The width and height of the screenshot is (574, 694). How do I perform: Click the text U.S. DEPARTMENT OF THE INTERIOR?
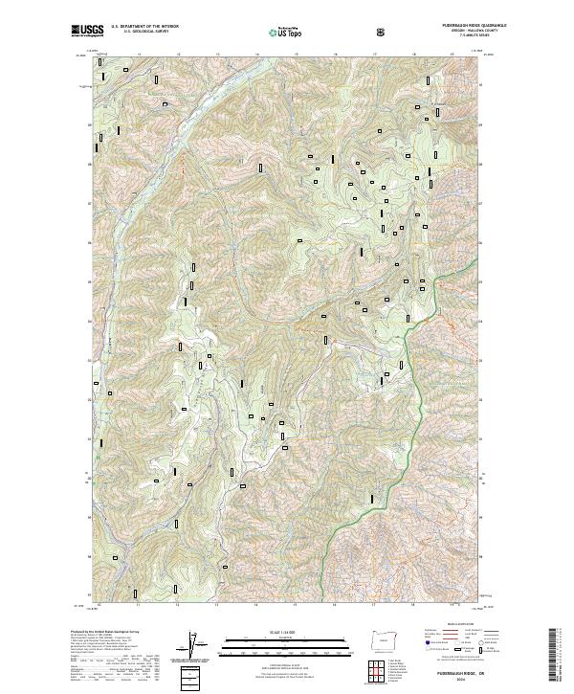(144, 27)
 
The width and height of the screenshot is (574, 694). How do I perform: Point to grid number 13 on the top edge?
(216, 55)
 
